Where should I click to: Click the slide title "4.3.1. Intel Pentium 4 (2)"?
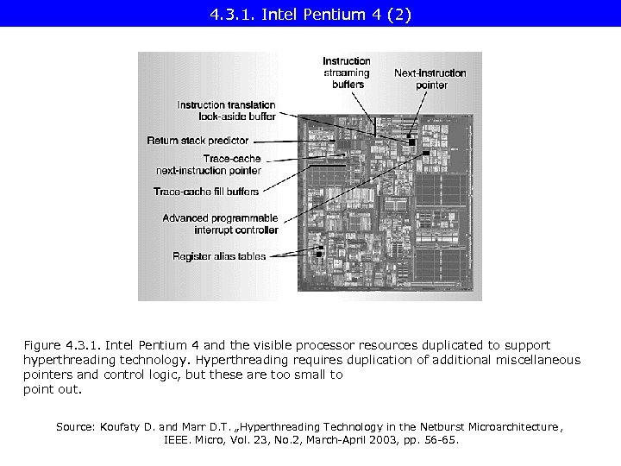coord(310,13)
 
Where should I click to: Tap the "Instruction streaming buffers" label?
coord(347,72)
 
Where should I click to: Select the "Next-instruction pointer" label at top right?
coord(430,79)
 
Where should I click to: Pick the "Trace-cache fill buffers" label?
coord(206,191)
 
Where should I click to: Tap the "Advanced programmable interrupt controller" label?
coord(221,224)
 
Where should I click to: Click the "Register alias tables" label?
coord(219,256)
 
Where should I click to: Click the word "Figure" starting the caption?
coord(43,345)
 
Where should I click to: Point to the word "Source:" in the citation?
coord(76,426)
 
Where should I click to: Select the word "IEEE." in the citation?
coord(179,439)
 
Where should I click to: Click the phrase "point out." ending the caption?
coord(52,389)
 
